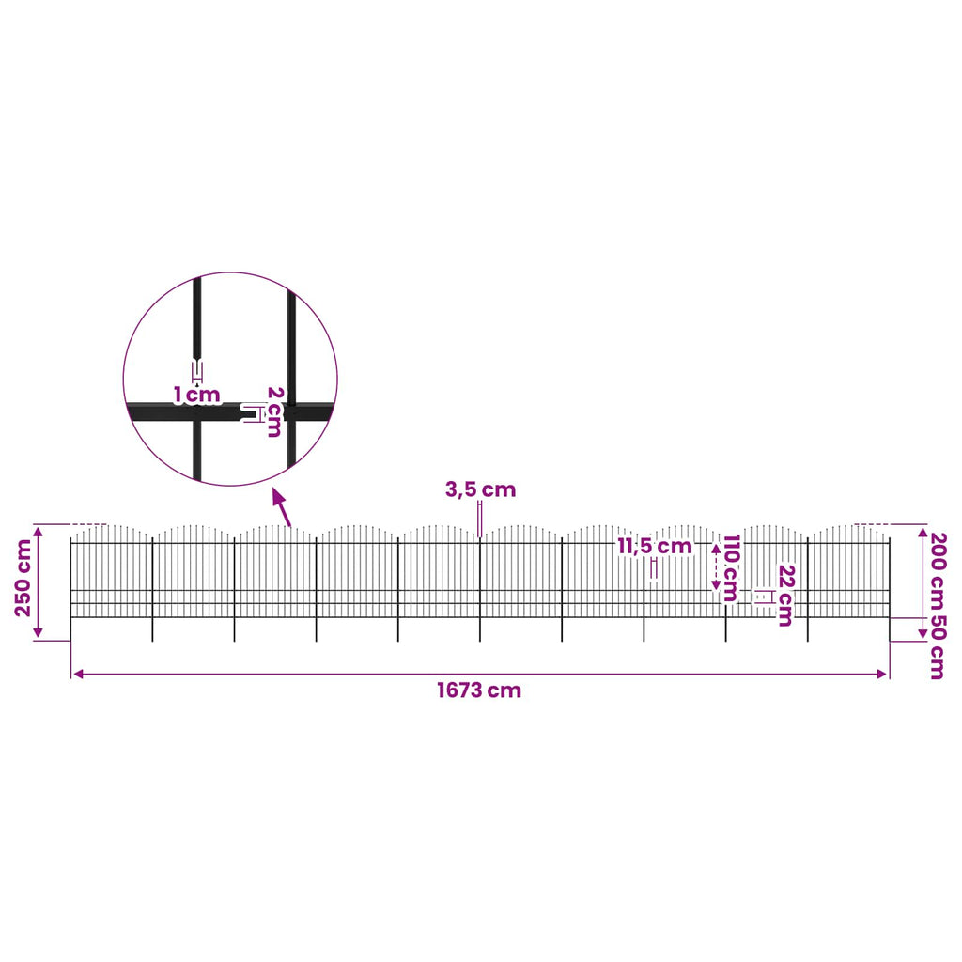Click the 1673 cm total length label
[x=479, y=690]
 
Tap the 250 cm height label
[x=23, y=578]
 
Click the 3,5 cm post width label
[x=480, y=489]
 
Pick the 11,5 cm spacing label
[x=655, y=546]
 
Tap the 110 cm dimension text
[x=731, y=567]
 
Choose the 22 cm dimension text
[x=786, y=595]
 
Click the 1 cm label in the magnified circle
[x=196, y=395]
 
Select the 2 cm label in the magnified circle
[x=274, y=411]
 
